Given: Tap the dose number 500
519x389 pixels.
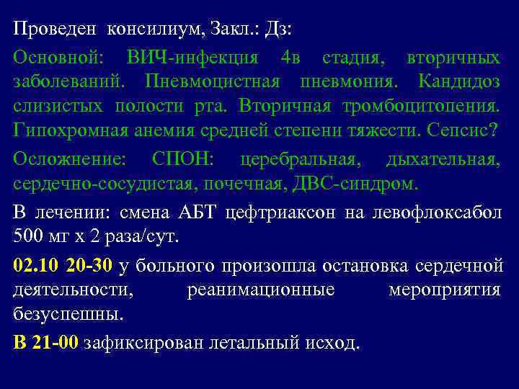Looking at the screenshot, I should pos(27,236).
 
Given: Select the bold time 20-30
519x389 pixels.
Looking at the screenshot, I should pos(89,266).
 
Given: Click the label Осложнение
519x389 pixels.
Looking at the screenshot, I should pos(69,159).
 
